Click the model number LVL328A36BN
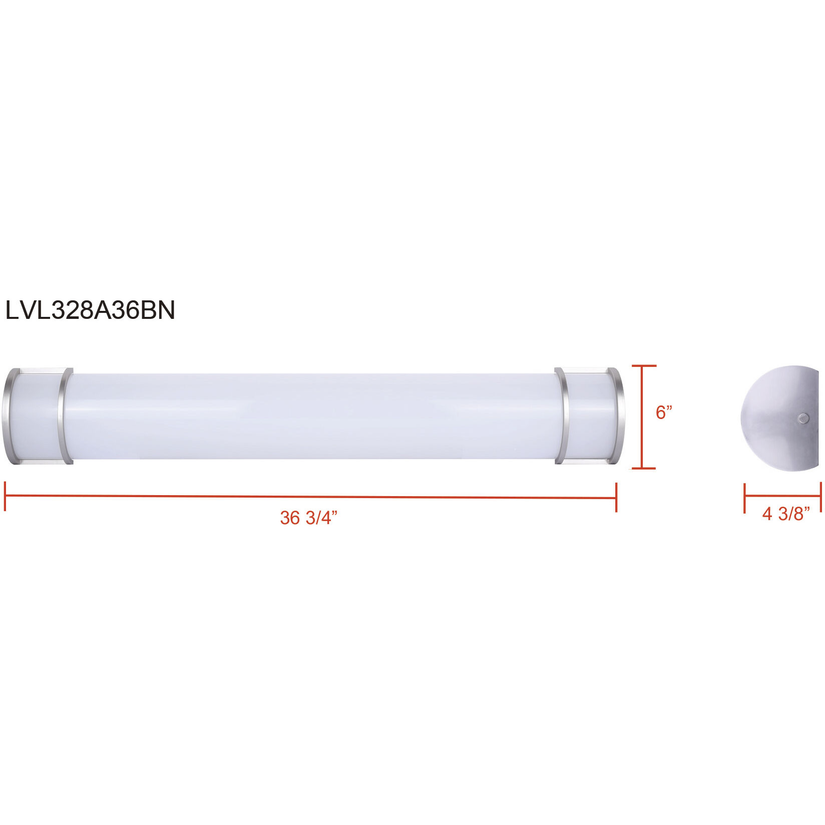coord(90,310)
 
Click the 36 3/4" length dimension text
coord(308,518)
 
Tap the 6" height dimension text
coord(664,412)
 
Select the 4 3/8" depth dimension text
coord(785,514)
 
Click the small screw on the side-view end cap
coord(803,419)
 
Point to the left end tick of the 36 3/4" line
coord(5,496)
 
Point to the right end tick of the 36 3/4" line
coord(616,498)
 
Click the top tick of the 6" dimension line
coord(643,366)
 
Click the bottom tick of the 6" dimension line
coord(643,469)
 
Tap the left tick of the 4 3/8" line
coord(745,498)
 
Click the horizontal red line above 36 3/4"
coord(310,497)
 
